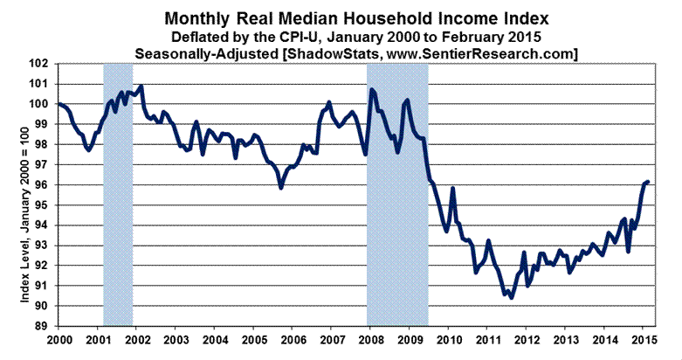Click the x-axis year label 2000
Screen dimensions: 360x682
(59, 338)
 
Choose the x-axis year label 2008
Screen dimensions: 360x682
(371, 338)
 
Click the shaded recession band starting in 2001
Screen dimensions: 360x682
(118, 192)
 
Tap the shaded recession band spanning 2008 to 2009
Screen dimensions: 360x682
(397, 192)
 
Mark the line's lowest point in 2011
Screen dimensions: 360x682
(511, 297)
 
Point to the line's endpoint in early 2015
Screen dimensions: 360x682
(648, 181)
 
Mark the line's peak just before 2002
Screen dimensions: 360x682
(141, 86)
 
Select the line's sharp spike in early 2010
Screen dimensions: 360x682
(453, 188)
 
